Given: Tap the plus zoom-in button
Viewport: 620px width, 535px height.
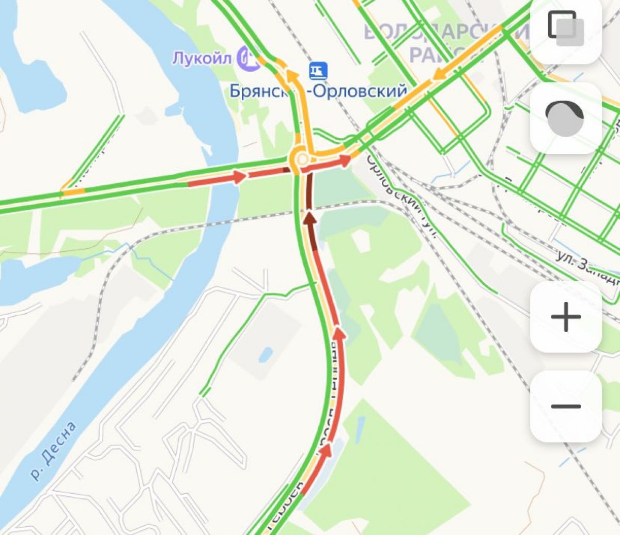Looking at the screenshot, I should [566, 317].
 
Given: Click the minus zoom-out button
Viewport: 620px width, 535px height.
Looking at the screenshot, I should [566, 407].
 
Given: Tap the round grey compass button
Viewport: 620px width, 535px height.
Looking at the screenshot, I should [565, 118].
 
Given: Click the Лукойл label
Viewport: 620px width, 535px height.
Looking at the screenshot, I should [202, 58].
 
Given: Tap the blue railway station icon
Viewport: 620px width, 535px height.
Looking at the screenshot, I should [318, 71].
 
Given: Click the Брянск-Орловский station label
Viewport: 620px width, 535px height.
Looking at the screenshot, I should [318, 91].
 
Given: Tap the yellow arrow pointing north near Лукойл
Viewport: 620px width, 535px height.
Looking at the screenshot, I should [291, 76].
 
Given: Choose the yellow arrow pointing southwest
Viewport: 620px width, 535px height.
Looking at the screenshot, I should [440, 75].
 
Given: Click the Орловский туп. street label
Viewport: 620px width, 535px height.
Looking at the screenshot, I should [401, 196].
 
